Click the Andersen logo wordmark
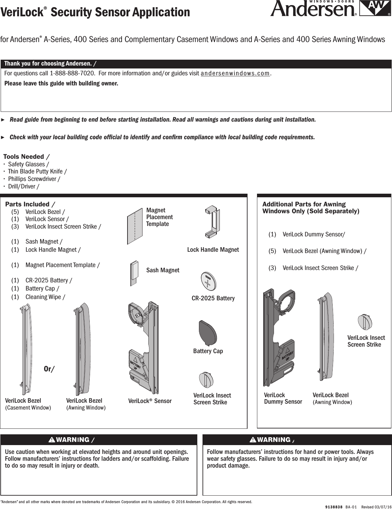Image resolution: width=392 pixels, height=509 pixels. click(313, 9)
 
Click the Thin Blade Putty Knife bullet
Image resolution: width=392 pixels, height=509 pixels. click(38, 172)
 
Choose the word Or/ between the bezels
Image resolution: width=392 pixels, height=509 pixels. click(49, 369)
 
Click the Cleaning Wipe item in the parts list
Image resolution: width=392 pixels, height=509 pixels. click(45, 297)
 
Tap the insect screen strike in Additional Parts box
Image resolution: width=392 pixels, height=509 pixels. click(365, 322)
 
